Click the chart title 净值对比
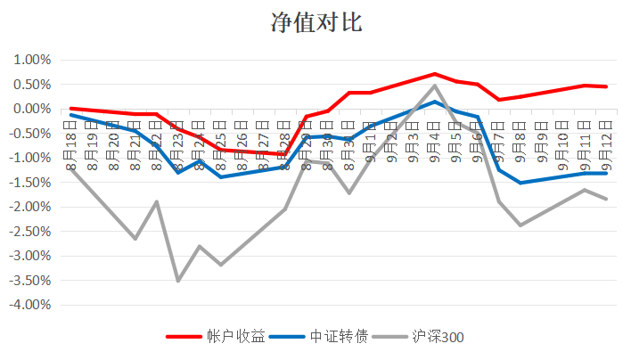pyautogui.click(x=315, y=23)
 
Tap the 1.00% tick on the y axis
pyautogui.click(x=32, y=60)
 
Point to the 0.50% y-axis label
pyautogui.click(x=32, y=85)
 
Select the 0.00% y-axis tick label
pyautogui.click(x=32, y=109)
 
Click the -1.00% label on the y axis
pyautogui.click(x=30, y=158)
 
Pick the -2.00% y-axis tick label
pyautogui.click(x=30, y=207)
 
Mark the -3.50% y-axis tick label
pyautogui.click(x=30, y=280)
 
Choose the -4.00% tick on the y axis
pyautogui.click(x=30, y=305)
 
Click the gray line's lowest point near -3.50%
pyautogui.click(x=178, y=281)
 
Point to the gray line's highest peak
pyautogui.click(x=435, y=86)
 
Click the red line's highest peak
pyautogui.click(x=435, y=74)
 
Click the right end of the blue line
pyautogui.click(x=606, y=173)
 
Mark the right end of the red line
pyautogui.click(x=606, y=86)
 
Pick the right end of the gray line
pyautogui.click(x=606, y=199)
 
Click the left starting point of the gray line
pyautogui.click(x=71, y=168)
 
